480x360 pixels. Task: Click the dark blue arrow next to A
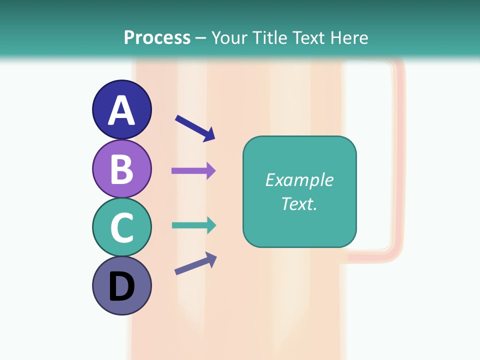tap(195, 128)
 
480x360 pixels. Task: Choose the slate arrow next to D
tap(195, 263)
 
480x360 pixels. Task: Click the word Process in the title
tap(157, 38)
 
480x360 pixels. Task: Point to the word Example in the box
tap(299, 180)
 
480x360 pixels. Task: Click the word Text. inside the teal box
tap(299, 203)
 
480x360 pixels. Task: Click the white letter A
tap(121, 110)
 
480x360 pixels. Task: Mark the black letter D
tap(121, 286)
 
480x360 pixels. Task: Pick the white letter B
tap(121, 169)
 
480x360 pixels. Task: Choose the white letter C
tap(121, 227)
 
